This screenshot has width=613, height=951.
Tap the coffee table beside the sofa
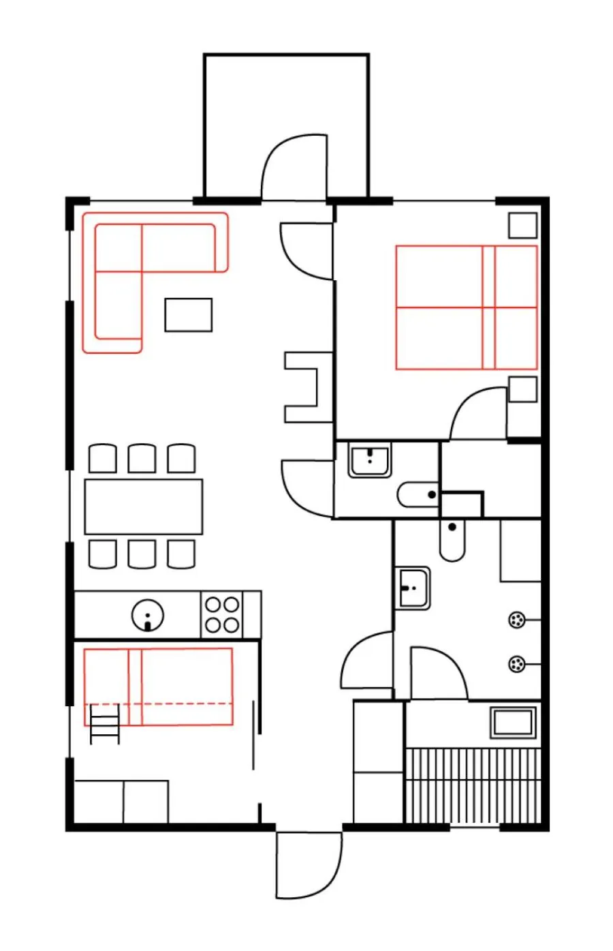[x=188, y=315]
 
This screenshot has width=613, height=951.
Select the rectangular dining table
[x=144, y=507]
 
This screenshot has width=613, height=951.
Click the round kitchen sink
[x=148, y=616]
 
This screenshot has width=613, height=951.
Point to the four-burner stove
[x=223, y=615]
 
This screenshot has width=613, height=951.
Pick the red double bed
[x=466, y=307]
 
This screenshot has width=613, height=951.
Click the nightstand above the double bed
[x=522, y=226]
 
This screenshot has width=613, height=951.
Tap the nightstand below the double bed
[x=522, y=389]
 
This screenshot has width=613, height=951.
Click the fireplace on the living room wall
[x=304, y=387]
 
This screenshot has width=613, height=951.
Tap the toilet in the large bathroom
[x=452, y=540]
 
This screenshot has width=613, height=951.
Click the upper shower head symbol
[x=517, y=620]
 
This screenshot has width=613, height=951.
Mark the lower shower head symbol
[x=517, y=664]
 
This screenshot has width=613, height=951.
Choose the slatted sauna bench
[x=473, y=785]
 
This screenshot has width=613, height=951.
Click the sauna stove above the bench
[x=513, y=723]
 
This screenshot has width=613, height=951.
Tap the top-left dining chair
[x=103, y=459]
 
